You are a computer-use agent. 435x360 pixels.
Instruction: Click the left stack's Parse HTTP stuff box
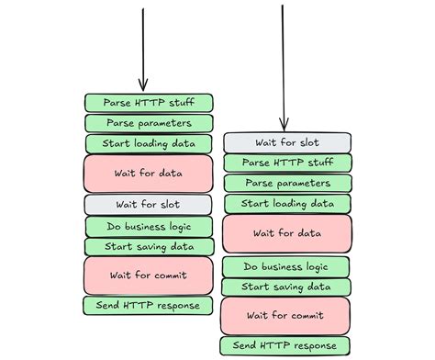pyautogui.click(x=149, y=102)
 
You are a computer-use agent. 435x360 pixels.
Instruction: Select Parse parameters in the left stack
pyautogui.click(x=149, y=123)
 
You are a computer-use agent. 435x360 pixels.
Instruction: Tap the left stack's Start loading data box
pyautogui.click(x=149, y=144)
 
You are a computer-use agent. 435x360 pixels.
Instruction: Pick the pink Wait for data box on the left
pyautogui.click(x=149, y=173)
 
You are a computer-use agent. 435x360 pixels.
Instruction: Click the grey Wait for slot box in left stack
pyautogui.click(x=149, y=204)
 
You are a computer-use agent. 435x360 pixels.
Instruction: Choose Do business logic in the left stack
pyautogui.click(x=149, y=226)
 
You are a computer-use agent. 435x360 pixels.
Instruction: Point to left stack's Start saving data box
pyautogui.click(x=149, y=246)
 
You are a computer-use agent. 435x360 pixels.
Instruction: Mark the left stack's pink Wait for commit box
pyautogui.click(x=149, y=275)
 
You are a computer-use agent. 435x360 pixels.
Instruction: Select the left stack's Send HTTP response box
pyautogui.click(x=149, y=305)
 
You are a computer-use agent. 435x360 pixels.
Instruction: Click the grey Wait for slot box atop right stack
pyautogui.click(x=287, y=142)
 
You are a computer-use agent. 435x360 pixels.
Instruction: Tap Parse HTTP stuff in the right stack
pyautogui.click(x=287, y=163)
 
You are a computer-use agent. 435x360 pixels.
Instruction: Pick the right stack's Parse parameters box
pyautogui.click(x=287, y=184)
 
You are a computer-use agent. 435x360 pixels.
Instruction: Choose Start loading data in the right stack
pyautogui.click(x=287, y=204)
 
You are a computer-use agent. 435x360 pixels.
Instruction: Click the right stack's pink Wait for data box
pyautogui.click(x=287, y=233)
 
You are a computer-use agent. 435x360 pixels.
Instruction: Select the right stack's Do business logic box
pyautogui.click(x=287, y=267)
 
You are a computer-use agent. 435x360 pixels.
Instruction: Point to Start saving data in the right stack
pyautogui.click(x=287, y=287)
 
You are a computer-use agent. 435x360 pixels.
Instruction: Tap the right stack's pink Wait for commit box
pyautogui.click(x=287, y=316)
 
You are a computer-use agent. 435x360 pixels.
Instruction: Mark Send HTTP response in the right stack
pyautogui.click(x=287, y=346)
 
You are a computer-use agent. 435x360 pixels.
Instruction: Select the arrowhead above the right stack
pyautogui.click(x=284, y=122)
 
